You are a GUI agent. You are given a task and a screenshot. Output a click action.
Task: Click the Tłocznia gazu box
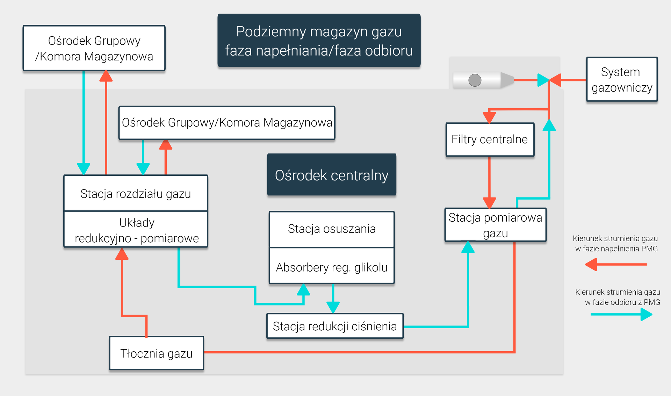156,353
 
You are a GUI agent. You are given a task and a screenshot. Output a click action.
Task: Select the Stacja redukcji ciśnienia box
334,326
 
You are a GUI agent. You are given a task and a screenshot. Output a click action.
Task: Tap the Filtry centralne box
490,139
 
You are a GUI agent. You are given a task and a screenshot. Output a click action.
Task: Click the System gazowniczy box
622,79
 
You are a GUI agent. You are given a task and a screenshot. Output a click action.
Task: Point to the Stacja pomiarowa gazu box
495,225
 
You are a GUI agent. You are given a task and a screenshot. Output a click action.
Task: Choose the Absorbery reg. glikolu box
331,267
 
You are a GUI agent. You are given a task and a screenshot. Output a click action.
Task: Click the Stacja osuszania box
331,229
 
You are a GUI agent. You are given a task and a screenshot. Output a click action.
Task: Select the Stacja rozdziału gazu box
136,193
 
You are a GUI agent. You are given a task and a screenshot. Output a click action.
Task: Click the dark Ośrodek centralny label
331,175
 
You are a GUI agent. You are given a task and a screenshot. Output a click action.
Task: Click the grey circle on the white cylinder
475,80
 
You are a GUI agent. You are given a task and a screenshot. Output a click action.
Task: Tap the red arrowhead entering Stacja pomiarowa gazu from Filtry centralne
489,203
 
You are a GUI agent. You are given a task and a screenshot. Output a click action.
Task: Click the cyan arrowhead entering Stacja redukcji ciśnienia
333,307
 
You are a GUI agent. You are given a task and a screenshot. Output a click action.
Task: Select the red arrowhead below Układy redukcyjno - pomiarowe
122,254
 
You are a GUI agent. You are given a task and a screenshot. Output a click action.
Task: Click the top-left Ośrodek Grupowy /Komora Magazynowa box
94,48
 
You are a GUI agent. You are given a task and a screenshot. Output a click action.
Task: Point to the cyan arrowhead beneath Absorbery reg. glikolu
303,289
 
